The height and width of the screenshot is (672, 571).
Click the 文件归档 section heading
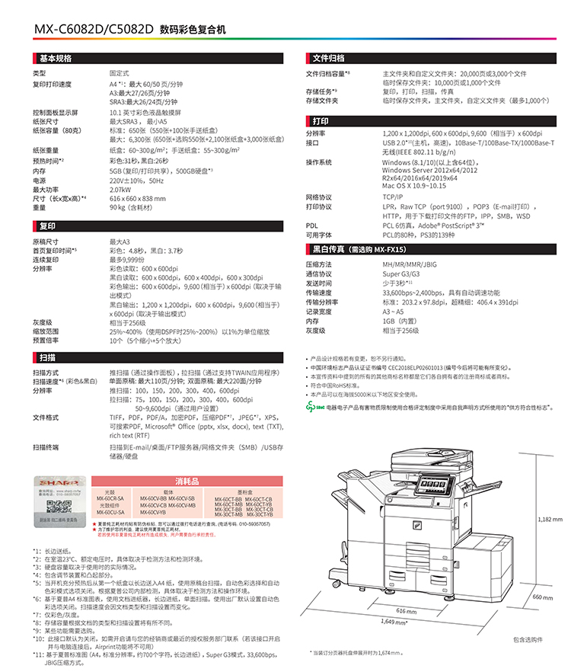[x=329, y=58]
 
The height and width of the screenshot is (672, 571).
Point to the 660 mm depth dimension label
[x=542, y=597]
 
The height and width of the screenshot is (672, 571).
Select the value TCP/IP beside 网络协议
[x=394, y=197]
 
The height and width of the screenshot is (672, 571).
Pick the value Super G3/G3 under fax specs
[x=400, y=273]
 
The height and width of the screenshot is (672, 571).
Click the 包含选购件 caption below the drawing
[x=528, y=638]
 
